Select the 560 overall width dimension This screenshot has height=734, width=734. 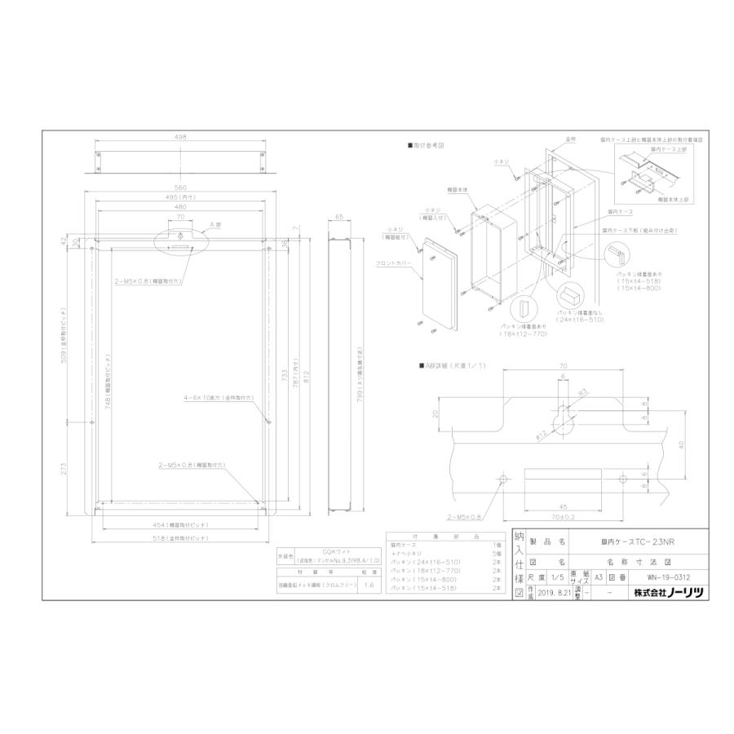pos(180,188)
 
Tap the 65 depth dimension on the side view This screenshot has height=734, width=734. pos(340,219)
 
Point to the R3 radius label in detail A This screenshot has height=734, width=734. pos(582,392)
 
